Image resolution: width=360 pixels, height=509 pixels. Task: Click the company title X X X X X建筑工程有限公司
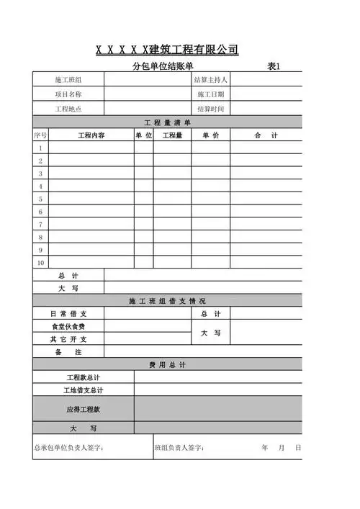167,50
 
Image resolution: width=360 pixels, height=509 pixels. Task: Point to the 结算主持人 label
210,80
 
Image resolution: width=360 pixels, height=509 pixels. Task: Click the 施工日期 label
210,94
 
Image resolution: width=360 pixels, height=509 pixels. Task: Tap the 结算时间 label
210,109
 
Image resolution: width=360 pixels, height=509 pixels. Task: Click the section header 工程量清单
167,122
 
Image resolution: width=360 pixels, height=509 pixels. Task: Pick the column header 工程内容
91,135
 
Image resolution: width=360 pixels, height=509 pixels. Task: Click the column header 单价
210,135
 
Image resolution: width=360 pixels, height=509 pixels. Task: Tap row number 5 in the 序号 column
40,199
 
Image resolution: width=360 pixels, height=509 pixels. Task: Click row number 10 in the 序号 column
40,263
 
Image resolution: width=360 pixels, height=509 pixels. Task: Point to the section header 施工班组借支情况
167,301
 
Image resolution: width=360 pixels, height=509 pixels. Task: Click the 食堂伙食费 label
68,326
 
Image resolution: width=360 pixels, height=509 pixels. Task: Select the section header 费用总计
167,365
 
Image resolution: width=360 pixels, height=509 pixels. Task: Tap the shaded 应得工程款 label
83,409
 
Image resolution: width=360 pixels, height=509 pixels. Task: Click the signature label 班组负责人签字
179,448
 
